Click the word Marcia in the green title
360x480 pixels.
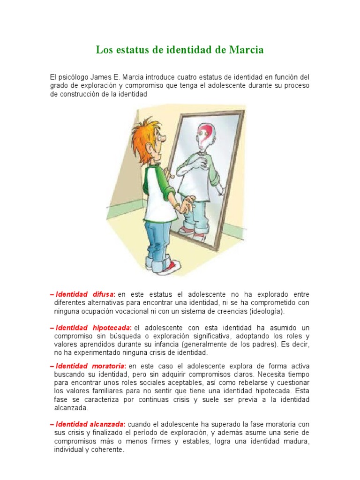(247, 50)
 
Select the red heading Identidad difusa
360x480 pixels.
(84, 294)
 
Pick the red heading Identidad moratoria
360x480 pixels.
(90, 366)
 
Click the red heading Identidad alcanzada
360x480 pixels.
(90, 424)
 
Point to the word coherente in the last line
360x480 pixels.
(108, 450)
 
